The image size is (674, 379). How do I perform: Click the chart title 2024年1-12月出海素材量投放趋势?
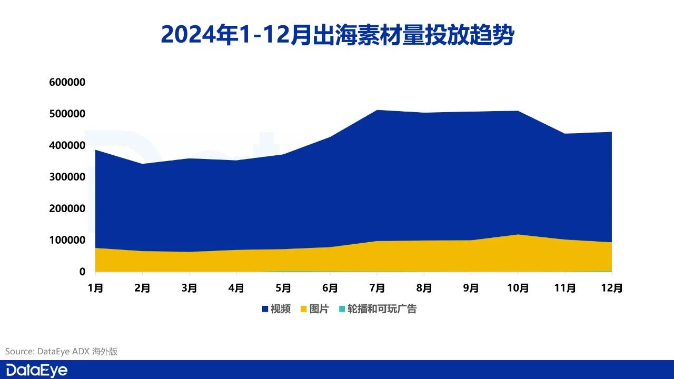click(x=337, y=35)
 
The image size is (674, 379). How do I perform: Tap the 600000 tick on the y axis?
click(x=67, y=82)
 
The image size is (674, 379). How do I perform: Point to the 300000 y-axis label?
click(x=67, y=177)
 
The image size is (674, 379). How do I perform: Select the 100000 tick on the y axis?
click(x=67, y=240)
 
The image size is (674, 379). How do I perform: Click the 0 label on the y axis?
click(x=82, y=272)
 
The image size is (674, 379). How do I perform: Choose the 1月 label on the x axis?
click(x=95, y=288)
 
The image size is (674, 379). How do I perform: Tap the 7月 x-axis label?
click(x=377, y=288)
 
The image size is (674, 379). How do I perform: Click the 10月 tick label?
click(x=518, y=288)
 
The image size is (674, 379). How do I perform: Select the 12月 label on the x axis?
click(x=612, y=288)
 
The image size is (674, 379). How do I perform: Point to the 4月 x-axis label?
click(x=236, y=288)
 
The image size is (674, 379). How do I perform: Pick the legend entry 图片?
click(x=319, y=309)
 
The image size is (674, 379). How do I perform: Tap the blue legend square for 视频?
click(x=265, y=309)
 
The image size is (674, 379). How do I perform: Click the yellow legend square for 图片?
click(x=304, y=309)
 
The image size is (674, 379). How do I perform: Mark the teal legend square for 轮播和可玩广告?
click(x=342, y=309)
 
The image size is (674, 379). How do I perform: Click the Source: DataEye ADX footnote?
click(x=61, y=351)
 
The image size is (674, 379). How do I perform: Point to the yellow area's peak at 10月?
click(x=518, y=235)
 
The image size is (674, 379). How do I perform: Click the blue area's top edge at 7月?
click(x=377, y=110)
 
